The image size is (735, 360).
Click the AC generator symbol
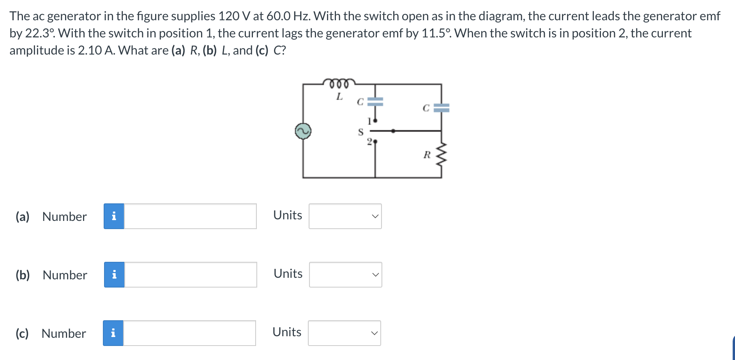point(303,131)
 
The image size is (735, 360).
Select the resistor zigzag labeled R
point(441,154)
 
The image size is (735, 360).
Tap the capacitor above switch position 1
point(375,102)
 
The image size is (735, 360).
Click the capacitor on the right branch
point(441,108)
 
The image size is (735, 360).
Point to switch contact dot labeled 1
point(375,121)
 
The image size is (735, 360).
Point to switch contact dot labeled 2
point(375,142)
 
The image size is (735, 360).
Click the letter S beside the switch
point(360,132)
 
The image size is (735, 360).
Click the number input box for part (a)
point(190,216)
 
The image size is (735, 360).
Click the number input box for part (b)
point(190,275)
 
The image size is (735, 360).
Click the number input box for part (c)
point(189,333)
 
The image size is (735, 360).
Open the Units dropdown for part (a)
point(345,216)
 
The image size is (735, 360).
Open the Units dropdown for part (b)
point(345,275)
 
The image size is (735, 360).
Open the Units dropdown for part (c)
point(344,333)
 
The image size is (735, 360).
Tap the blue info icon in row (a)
point(114,216)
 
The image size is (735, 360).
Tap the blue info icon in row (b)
point(114,275)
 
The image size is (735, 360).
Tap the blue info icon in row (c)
point(113,333)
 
